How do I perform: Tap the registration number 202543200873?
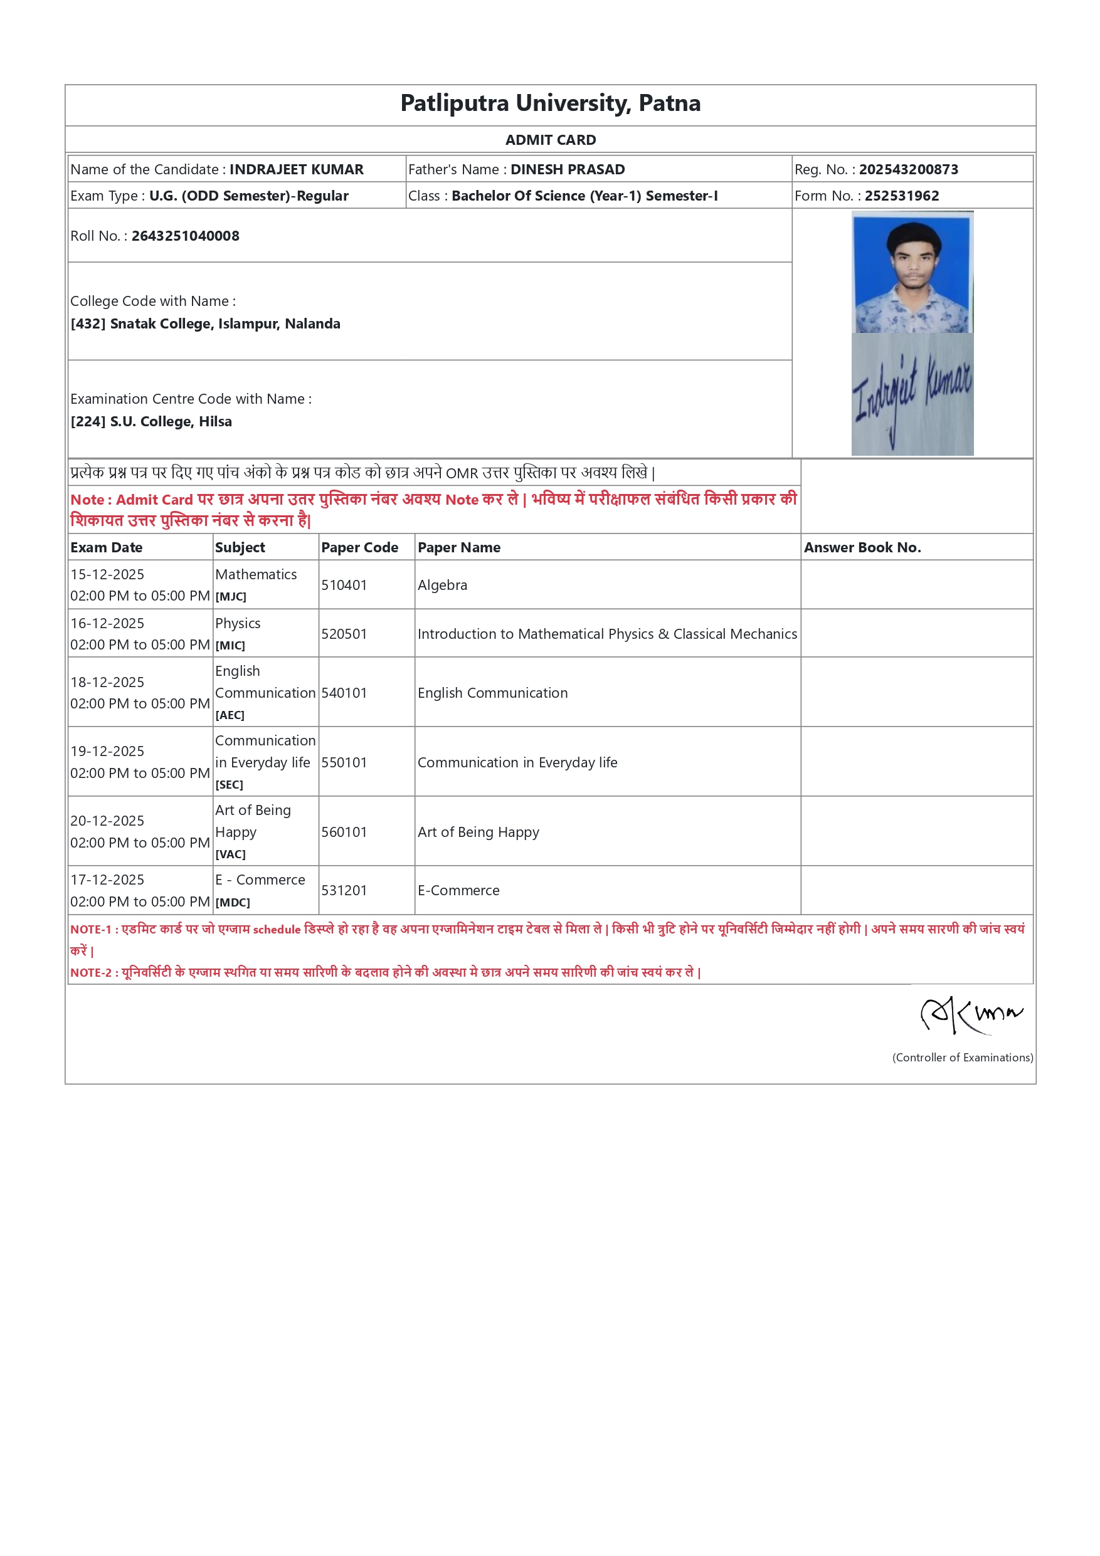click(908, 169)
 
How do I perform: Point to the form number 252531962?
click(901, 196)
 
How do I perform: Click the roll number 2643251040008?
click(185, 236)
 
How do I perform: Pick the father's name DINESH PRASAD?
click(568, 169)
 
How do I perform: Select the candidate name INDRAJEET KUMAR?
click(296, 169)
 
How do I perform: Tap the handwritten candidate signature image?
click(912, 394)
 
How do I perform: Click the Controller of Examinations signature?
click(971, 1015)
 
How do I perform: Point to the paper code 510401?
click(344, 585)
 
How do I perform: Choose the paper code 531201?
click(344, 890)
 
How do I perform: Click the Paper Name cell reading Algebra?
click(442, 585)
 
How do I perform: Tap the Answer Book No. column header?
click(862, 547)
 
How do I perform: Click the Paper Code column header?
click(359, 547)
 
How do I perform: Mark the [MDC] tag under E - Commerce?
click(233, 903)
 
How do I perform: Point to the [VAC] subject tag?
click(230, 854)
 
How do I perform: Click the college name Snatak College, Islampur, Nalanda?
click(225, 324)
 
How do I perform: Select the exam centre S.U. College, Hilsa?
click(171, 421)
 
